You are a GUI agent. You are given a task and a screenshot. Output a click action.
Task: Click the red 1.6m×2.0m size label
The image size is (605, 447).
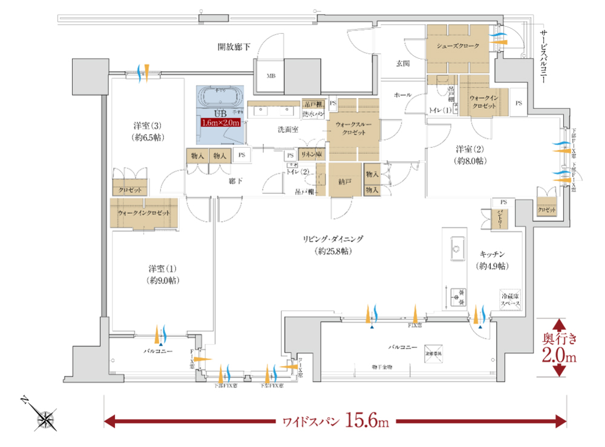(221, 122)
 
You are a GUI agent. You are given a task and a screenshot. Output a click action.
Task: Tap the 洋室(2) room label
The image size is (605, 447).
(471, 154)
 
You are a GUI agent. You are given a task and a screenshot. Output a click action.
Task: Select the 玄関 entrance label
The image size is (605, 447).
(404, 62)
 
